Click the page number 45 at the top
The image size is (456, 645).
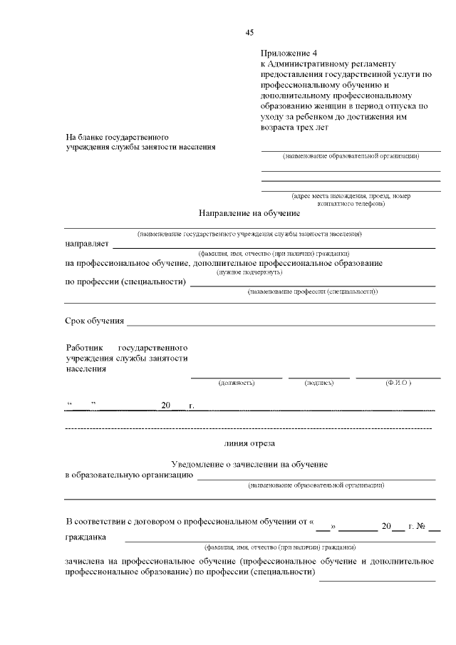249,32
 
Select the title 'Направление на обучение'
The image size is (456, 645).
249,213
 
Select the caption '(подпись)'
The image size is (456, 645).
318,383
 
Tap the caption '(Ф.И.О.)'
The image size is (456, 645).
398,383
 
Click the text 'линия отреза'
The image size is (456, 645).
249,443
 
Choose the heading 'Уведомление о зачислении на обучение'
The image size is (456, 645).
249,464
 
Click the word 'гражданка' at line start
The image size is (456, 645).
85,537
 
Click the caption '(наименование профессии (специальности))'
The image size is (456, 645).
312,292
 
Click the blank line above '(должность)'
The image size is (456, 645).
236,377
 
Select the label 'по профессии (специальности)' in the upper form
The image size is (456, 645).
125,282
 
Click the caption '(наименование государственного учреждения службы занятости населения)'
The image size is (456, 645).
249,234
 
